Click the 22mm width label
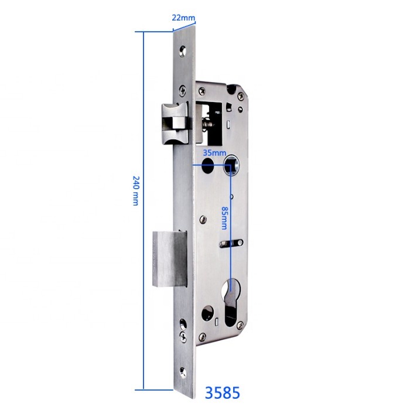point(183,17)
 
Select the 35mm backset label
point(214,152)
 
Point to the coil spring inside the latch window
point(207,125)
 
